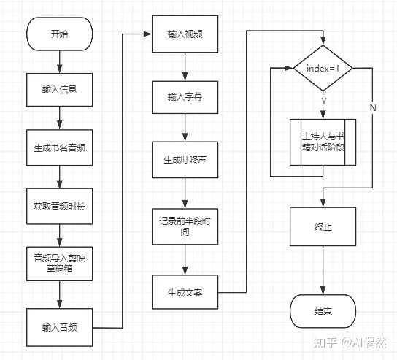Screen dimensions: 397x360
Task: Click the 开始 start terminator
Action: coord(60,34)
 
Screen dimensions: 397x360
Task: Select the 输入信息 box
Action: coord(60,90)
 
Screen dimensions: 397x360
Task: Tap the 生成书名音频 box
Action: coord(60,148)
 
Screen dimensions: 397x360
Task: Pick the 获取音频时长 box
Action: coord(60,206)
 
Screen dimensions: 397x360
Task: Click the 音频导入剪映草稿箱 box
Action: coord(60,264)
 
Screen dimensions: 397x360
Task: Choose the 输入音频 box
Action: coord(60,327)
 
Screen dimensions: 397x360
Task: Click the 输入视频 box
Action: coord(185,34)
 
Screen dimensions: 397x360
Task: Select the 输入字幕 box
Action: coord(185,97)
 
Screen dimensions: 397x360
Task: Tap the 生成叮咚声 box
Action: coord(185,160)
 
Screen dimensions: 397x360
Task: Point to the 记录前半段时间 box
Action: coord(185,226)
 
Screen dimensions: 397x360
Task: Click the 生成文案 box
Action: coord(185,292)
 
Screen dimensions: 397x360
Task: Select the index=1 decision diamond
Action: coord(323,68)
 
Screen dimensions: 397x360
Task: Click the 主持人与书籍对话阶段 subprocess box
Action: coord(323,142)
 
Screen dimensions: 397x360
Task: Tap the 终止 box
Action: coord(323,226)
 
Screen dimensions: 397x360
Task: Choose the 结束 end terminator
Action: coord(323,311)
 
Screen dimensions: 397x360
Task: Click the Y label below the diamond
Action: coord(323,101)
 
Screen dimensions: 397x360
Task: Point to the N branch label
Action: coord(373,107)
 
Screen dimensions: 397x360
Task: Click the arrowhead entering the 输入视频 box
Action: coord(147,34)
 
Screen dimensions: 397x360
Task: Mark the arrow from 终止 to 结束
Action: coord(323,270)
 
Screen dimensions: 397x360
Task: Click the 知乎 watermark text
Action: coord(325,342)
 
